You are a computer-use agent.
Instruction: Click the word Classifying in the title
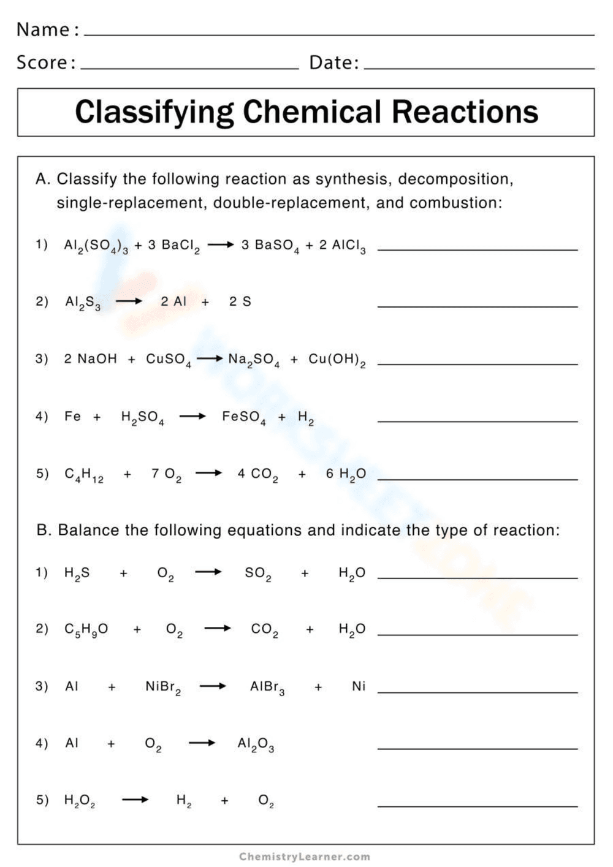(x=154, y=113)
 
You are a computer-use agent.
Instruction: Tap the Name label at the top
(x=43, y=29)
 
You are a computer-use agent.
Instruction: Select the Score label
(x=42, y=62)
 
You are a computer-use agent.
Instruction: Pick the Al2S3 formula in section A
(x=83, y=302)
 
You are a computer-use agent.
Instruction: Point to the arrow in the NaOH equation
(x=210, y=359)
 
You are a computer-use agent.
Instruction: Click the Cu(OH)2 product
(x=337, y=360)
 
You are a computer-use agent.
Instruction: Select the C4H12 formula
(x=84, y=474)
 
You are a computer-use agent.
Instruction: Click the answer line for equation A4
(x=478, y=421)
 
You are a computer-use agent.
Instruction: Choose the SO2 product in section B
(x=257, y=574)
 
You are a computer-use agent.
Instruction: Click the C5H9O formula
(x=86, y=629)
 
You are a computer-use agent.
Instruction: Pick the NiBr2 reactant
(x=162, y=687)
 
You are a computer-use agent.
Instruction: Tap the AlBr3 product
(x=267, y=687)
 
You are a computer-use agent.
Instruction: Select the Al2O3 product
(x=256, y=744)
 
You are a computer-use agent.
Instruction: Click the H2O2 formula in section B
(x=80, y=800)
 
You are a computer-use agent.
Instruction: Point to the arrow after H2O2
(x=135, y=800)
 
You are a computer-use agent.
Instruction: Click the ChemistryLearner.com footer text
(x=305, y=856)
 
